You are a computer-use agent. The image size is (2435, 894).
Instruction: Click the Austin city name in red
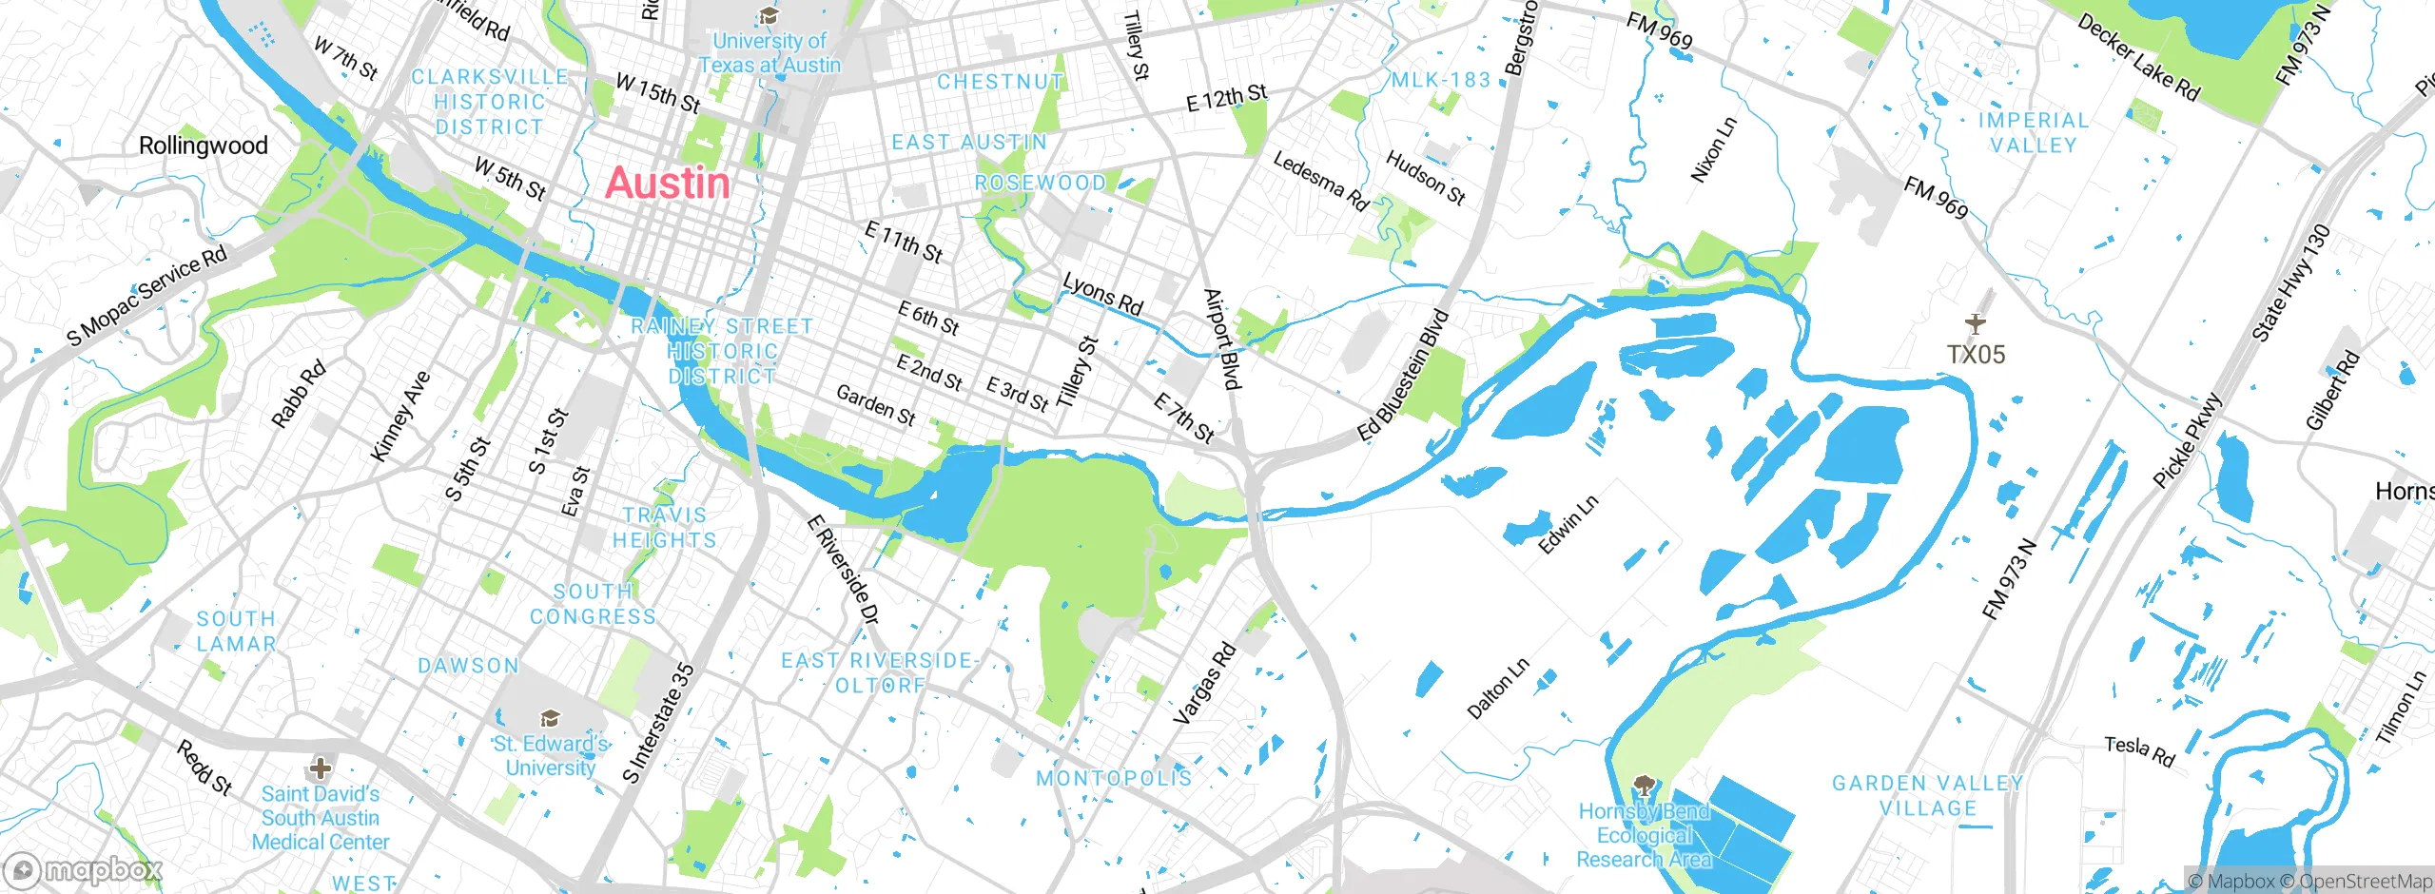[668, 183]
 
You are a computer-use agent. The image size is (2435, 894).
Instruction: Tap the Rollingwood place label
[203, 146]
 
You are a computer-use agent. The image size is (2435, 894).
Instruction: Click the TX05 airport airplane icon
[1976, 324]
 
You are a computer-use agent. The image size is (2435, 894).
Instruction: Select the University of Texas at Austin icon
[769, 16]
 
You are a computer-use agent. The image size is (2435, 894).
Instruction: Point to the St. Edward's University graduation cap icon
[549, 719]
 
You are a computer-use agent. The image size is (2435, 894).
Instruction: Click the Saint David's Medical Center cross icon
[321, 768]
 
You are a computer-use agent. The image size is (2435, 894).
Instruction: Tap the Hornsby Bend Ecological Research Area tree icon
[1643, 786]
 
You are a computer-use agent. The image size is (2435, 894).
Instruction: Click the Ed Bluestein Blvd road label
[1403, 377]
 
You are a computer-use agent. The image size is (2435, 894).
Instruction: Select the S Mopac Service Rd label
[147, 296]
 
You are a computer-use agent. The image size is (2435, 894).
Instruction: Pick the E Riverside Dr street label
[843, 570]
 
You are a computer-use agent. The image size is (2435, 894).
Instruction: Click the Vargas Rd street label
[1204, 684]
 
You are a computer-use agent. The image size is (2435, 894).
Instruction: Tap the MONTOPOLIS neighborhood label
[1114, 778]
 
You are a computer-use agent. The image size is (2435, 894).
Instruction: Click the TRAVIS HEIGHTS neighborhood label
[664, 528]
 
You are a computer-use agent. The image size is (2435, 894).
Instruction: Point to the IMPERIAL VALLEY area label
[2034, 133]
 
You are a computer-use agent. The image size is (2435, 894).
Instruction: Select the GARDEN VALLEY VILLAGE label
[1928, 796]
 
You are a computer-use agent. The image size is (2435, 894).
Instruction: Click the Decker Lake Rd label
[2138, 58]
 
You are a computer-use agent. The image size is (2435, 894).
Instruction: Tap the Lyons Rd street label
[1102, 295]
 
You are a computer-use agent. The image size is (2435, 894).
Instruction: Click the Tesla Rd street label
[2139, 750]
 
